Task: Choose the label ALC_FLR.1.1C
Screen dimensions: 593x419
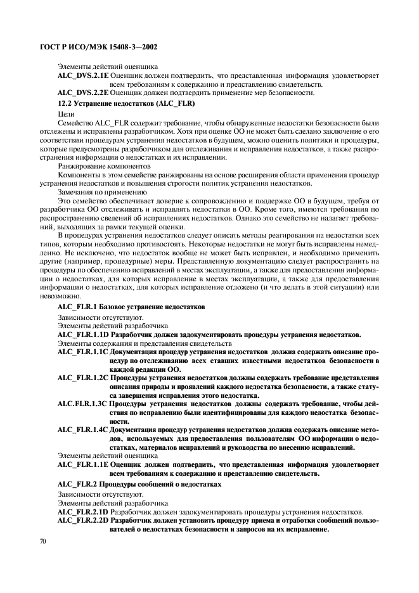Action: point(82,351)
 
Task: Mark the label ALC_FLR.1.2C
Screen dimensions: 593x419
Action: point(82,377)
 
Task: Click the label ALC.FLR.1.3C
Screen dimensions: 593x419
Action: point(82,404)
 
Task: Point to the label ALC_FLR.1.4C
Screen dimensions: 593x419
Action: point(82,430)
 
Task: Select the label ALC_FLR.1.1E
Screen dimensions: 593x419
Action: point(82,464)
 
